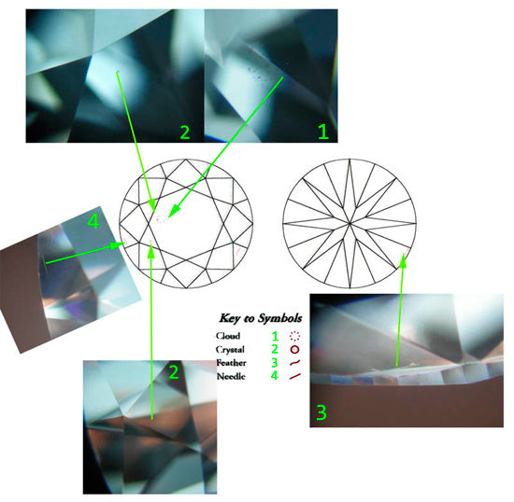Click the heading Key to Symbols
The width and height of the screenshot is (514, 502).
tap(261, 318)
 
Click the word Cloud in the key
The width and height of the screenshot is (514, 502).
tap(228, 336)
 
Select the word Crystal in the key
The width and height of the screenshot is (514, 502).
tap(230, 350)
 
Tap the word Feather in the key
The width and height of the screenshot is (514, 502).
tap(231, 363)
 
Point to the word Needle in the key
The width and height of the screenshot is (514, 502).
tap(231, 376)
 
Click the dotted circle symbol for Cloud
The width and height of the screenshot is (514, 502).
tap(295, 336)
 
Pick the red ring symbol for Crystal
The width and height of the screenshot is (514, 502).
tap(295, 350)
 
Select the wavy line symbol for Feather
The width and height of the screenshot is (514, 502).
tap(294, 363)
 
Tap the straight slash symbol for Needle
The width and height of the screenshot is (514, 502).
tap(294, 376)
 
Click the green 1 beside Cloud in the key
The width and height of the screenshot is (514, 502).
tap(275, 336)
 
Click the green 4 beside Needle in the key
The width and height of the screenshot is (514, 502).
tap(275, 375)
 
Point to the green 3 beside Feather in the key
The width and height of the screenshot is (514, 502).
tap(275, 362)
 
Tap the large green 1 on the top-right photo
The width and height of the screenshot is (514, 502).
tap(323, 132)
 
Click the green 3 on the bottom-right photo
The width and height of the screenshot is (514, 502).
tap(321, 412)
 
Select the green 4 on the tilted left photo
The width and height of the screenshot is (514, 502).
tap(93, 222)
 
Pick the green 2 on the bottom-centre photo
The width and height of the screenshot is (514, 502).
tap(174, 372)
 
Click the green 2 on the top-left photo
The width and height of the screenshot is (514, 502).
tap(185, 132)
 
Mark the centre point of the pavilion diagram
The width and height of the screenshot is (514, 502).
tap(350, 224)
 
